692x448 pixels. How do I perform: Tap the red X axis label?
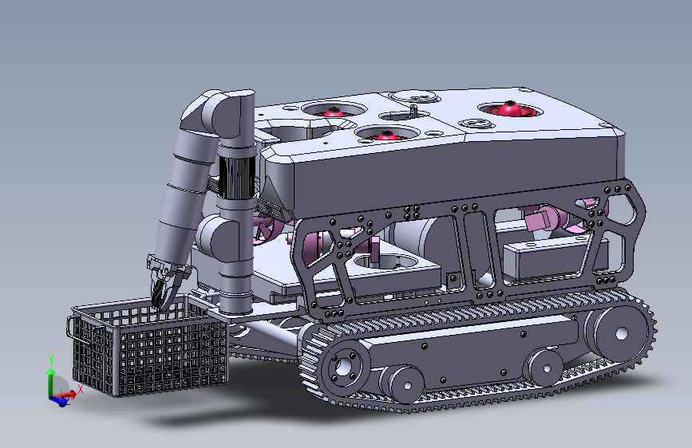click(x=81, y=389)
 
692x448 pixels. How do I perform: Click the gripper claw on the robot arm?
click(x=167, y=281)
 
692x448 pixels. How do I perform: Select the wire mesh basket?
click(x=149, y=345)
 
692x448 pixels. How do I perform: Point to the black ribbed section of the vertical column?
click(x=237, y=176)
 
